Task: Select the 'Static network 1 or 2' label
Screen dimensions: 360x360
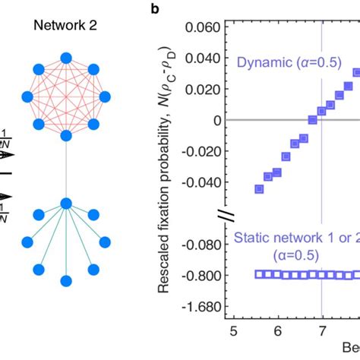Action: pyautogui.click(x=296, y=239)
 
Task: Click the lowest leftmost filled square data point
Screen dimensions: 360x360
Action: pyautogui.click(x=258, y=188)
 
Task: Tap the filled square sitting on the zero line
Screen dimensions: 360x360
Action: pyautogui.click(x=312, y=120)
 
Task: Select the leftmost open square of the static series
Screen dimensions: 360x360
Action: pyautogui.click(x=259, y=275)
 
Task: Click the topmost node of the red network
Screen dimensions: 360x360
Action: pyautogui.click(x=66, y=57)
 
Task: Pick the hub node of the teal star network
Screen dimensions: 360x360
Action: pyautogui.click(x=66, y=203)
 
